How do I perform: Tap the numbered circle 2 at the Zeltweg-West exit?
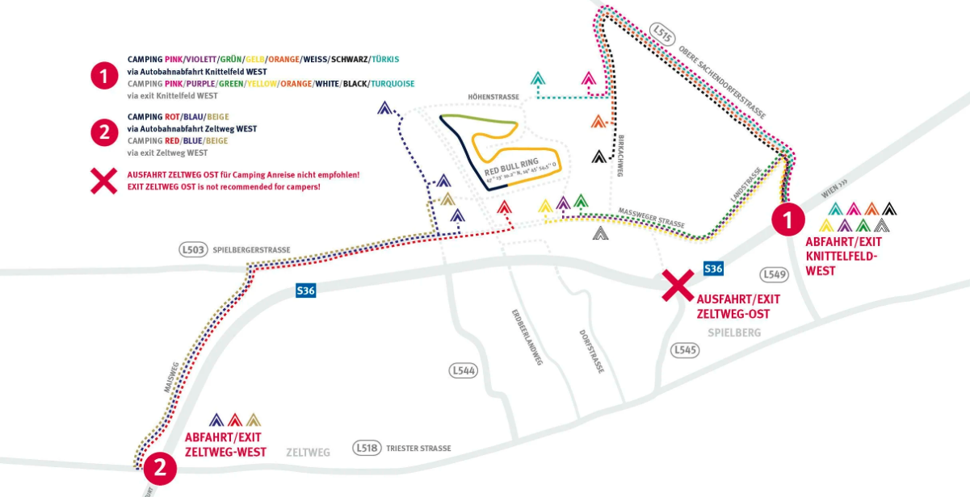[160, 467]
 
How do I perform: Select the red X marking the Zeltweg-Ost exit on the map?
[678, 285]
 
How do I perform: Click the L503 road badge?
[193, 250]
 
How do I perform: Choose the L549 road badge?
[774, 274]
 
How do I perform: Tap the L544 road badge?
[463, 370]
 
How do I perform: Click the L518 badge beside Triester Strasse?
[367, 448]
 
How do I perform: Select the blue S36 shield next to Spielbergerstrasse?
[305, 290]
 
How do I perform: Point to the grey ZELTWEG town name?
[309, 453]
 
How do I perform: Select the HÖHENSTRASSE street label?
[493, 97]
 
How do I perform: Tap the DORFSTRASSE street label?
[591, 351]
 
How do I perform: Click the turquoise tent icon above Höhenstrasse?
[538, 79]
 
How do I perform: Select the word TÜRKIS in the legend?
[385, 59]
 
